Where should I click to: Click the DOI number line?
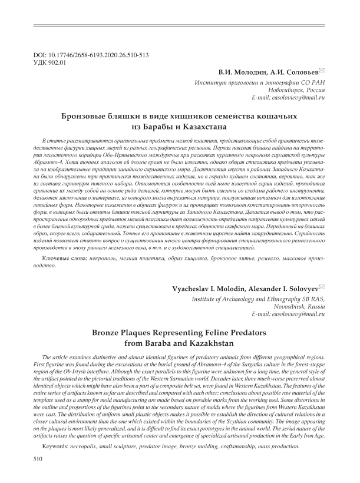pos(91,55)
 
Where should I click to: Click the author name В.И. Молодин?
pos(239,72)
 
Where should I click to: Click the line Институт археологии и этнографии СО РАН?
pos(260,82)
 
